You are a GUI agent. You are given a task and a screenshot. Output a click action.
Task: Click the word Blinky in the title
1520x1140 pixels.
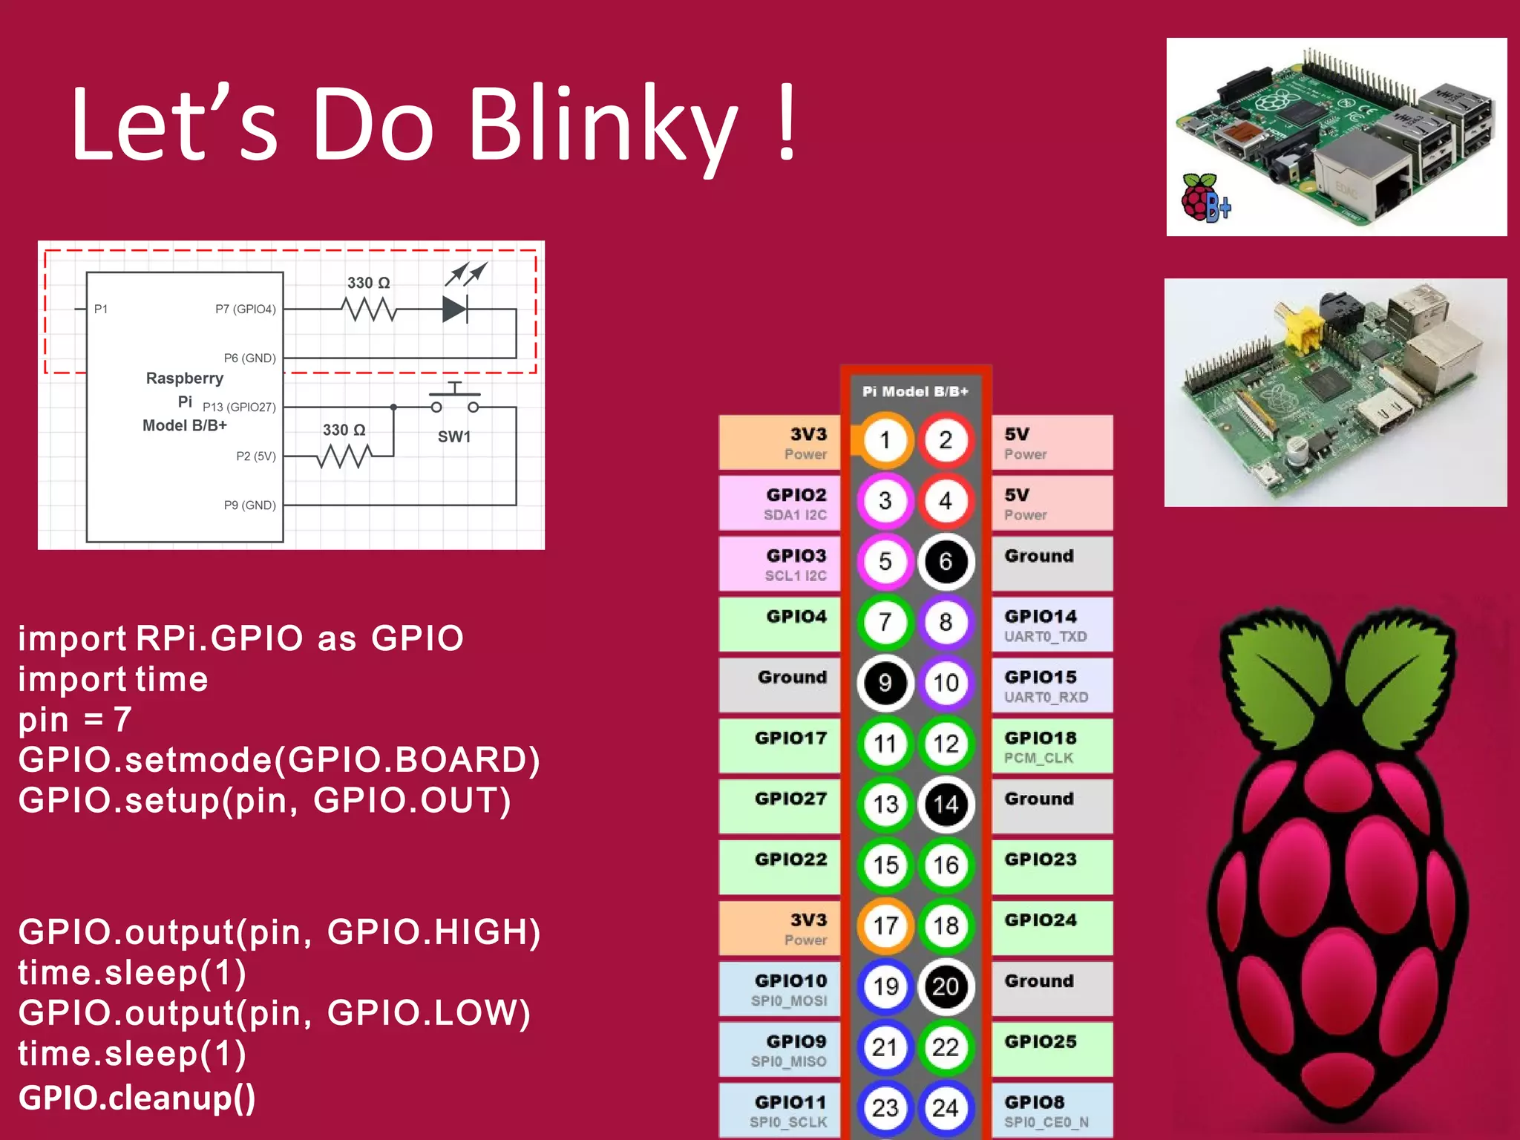click(603, 126)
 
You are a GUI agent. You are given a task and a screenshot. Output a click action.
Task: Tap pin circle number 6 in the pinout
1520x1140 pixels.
click(945, 562)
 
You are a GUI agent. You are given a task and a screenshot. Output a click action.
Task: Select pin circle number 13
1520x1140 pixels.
click(885, 805)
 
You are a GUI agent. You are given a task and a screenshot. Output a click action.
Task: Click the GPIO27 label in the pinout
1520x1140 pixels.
click(790, 799)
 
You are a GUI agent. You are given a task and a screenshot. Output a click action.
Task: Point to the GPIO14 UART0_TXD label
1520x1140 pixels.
click(1045, 625)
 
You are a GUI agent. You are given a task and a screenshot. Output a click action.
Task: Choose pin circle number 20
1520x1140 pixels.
click(945, 987)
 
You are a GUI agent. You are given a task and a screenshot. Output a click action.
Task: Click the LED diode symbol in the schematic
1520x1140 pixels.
click(455, 309)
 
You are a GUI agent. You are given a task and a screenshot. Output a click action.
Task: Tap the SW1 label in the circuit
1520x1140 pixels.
click(453, 436)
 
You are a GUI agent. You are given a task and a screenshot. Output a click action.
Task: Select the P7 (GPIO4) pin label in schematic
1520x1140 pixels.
click(245, 309)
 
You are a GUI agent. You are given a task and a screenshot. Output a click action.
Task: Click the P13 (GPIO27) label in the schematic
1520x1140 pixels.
click(238, 407)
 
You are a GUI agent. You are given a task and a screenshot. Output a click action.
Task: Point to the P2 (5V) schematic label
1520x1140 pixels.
click(255, 456)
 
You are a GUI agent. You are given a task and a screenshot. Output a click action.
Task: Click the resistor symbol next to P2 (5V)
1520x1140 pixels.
click(344, 456)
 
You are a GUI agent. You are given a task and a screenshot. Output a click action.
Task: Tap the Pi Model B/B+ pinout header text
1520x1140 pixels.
click(914, 391)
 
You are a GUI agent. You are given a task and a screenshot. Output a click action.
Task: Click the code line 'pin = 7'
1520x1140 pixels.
click(75, 719)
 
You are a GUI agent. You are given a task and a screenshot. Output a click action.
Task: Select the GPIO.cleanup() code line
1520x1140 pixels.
click(137, 1098)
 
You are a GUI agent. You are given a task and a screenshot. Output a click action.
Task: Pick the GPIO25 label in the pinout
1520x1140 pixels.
click(1040, 1042)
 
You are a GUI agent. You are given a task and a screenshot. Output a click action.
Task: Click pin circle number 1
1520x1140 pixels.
click(885, 441)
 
